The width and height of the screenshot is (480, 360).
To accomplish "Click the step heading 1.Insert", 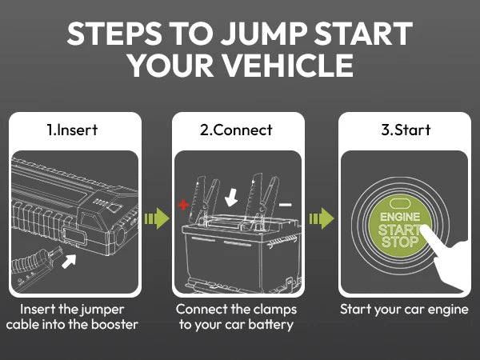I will [x=76, y=130].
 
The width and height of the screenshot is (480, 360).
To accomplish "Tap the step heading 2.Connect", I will [x=238, y=130].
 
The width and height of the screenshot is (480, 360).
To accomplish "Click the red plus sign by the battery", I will [x=183, y=206].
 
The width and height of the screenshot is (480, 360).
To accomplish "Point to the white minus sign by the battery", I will [x=286, y=206].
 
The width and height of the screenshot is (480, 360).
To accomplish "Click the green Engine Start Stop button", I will [x=398, y=229].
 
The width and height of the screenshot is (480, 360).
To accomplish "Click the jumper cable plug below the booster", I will [x=35, y=268].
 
